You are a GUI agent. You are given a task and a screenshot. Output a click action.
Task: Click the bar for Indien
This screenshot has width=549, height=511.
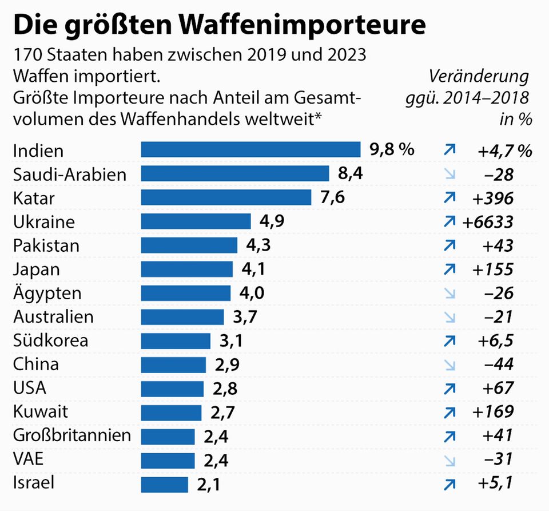tap(250, 150)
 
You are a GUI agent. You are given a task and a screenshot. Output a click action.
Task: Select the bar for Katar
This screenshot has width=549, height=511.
tap(226, 197)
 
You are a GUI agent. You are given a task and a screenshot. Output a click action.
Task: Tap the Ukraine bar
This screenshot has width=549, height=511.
tap(196, 221)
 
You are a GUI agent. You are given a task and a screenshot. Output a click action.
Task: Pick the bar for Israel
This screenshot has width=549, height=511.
tap(164, 484)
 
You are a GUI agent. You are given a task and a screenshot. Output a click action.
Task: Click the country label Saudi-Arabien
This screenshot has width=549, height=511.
tap(69, 174)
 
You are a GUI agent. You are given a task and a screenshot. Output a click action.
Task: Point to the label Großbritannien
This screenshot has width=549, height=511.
tap(72, 435)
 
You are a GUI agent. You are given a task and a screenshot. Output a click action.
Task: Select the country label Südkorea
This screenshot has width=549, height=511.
tap(51, 340)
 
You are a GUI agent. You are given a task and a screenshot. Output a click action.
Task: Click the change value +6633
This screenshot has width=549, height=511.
tap(487, 221)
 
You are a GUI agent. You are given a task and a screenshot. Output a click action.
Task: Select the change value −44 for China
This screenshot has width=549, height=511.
tap(496, 365)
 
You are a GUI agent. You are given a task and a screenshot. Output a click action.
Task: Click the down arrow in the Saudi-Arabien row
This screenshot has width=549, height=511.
tap(449, 174)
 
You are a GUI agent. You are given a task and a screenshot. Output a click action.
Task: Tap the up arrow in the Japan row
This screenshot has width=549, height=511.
tap(449, 269)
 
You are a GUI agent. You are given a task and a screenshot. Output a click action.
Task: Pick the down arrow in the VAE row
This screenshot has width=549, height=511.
tap(449, 460)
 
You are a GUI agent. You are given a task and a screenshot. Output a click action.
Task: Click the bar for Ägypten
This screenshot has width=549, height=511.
tap(185, 293)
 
